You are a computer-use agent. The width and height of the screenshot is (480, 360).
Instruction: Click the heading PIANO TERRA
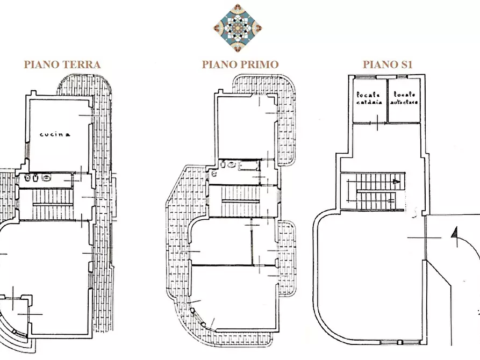[x=62, y=64]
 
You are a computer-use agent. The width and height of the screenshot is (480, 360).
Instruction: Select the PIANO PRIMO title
[x=240, y=64]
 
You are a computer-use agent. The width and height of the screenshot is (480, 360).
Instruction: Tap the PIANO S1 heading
[x=388, y=64]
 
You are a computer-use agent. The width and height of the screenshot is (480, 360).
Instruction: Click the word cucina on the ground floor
[x=54, y=135]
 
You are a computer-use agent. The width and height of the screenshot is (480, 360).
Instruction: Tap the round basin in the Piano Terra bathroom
[x=47, y=178]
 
